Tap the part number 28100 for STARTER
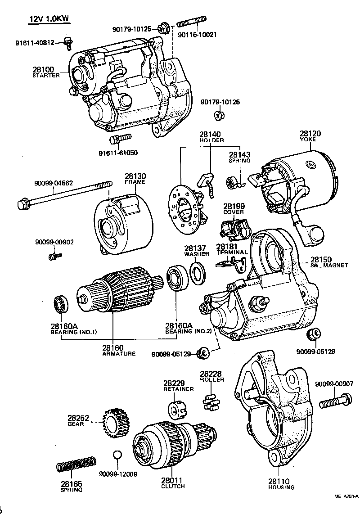43,70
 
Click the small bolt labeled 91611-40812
68,42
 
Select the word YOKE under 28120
309,140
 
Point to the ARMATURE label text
119,354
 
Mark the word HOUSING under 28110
281,487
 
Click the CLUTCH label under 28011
173,486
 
